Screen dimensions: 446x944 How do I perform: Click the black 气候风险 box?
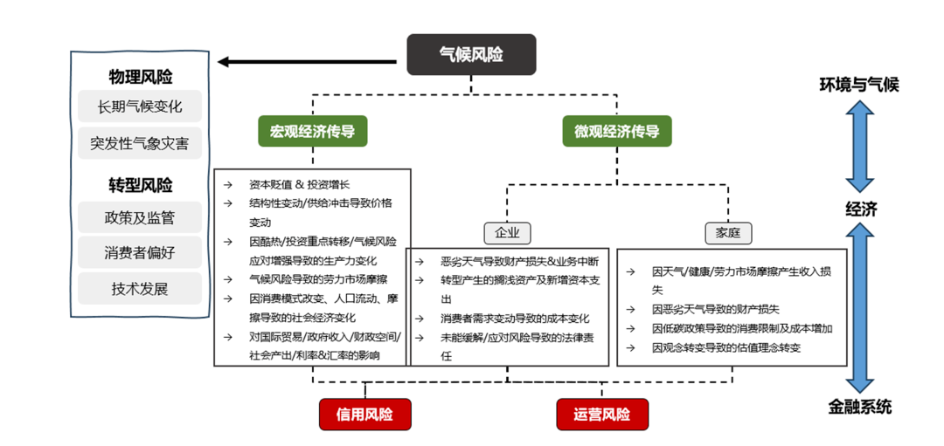click(x=471, y=54)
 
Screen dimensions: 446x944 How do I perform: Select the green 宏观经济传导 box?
click(x=312, y=131)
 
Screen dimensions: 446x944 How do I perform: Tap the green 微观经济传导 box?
click(x=617, y=131)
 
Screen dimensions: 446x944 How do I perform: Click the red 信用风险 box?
click(x=365, y=414)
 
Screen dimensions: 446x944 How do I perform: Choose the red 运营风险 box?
click(x=602, y=414)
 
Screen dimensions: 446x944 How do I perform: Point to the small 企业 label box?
click(x=507, y=232)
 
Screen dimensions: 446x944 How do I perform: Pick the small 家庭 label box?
click(x=728, y=232)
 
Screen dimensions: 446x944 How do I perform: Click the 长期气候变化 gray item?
click(x=140, y=106)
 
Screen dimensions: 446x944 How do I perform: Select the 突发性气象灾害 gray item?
click(x=140, y=142)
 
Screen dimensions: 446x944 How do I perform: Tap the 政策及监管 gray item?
click(x=140, y=217)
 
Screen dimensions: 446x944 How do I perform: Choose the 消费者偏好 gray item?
click(x=140, y=252)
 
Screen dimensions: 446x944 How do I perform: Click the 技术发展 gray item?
click(x=140, y=288)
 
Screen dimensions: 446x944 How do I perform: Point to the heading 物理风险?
click(x=141, y=76)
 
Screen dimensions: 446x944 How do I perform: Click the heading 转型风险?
click(x=141, y=185)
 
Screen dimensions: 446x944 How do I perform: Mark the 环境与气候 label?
click(x=858, y=85)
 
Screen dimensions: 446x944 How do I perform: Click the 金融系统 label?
click(x=860, y=406)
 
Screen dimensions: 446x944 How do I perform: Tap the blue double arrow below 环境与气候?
click(x=860, y=146)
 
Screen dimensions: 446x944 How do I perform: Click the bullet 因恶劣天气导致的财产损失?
click(x=715, y=309)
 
